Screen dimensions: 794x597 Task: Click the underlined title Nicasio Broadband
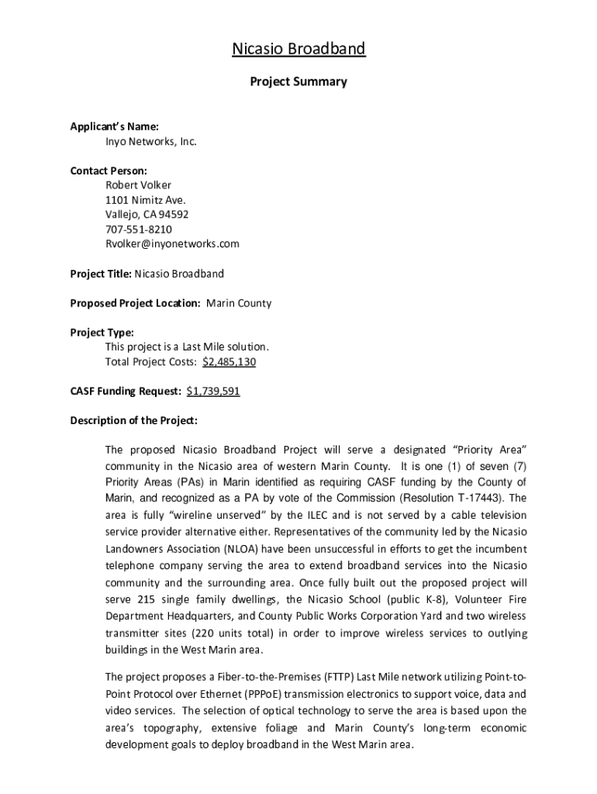pyautogui.click(x=298, y=50)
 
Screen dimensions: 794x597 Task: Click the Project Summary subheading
pyautogui.click(x=298, y=81)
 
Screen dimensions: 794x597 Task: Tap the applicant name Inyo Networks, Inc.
pyautogui.click(x=151, y=142)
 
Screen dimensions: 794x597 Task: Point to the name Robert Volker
pyautogui.click(x=138, y=185)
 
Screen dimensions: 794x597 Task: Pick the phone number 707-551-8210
pyautogui.click(x=139, y=230)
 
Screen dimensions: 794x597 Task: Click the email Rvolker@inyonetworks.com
pyautogui.click(x=172, y=243)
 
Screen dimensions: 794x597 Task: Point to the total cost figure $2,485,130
pyautogui.click(x=229, y=362)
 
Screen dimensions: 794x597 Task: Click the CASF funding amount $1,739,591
pyautogui.click(x=213, y=392)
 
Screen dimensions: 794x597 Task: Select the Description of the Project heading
pyautogui.click(x=134, y=421)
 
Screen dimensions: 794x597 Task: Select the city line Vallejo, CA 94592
pyautogui.click(x=147, y=215)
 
